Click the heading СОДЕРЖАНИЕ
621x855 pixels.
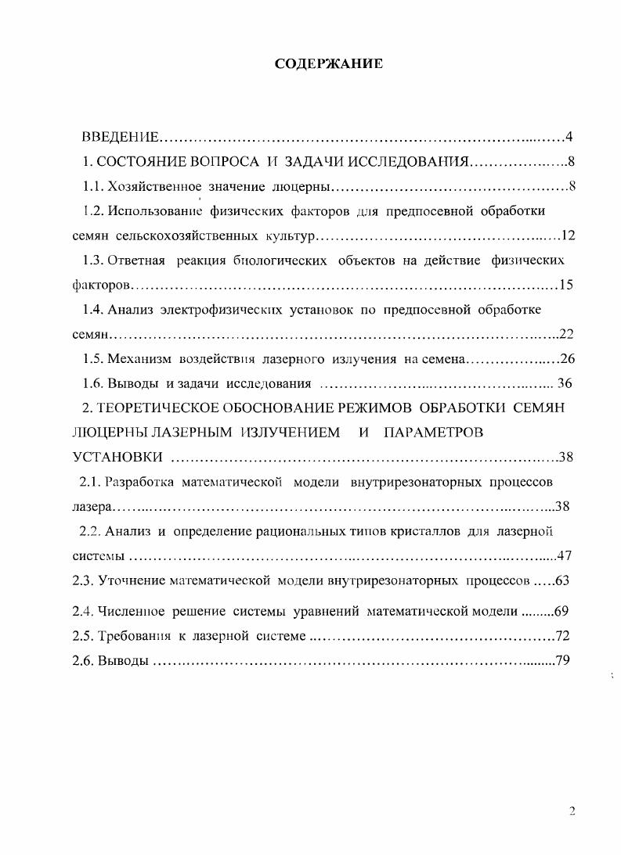click(x=329, y=64)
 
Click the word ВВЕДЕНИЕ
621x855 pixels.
click(x=121, y=138)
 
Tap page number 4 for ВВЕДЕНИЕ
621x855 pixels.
click(x=569, y=138)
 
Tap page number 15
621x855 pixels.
click(x=567, y=285)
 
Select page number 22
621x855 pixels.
click(x=567, y=335)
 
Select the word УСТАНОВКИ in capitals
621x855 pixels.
click(x=117, y=458)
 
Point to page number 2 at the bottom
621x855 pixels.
click(x=572, y=811)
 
